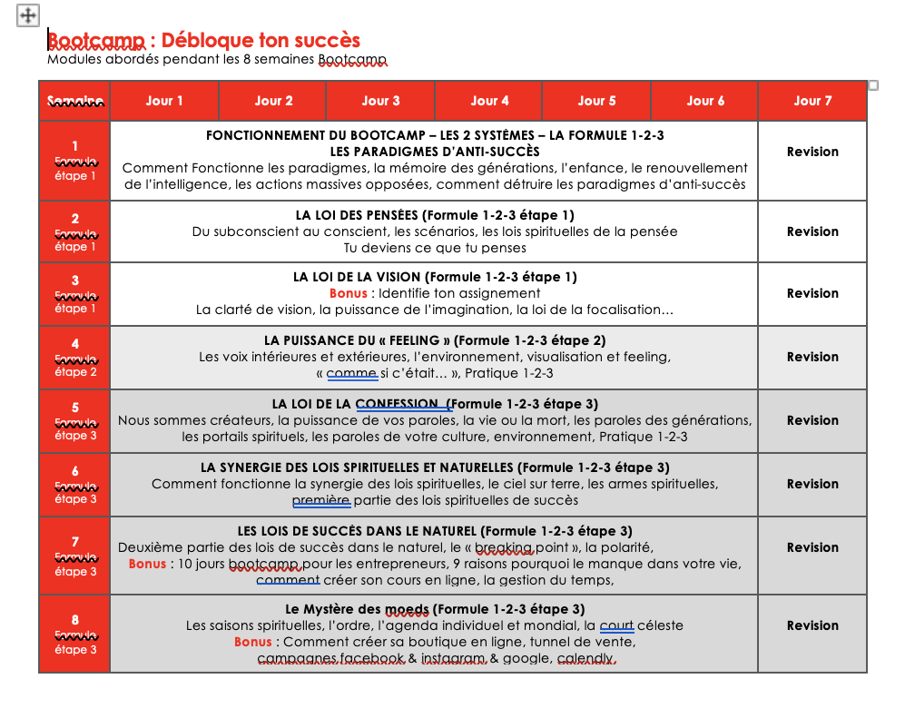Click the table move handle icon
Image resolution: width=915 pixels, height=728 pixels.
pos(28,15)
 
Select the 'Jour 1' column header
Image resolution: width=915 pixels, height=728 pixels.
pos(164,101)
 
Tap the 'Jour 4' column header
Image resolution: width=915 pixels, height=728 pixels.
pos(489,101)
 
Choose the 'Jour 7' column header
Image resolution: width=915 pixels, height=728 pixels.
pos(812,101)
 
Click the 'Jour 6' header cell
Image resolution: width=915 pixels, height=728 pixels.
pos(705,101)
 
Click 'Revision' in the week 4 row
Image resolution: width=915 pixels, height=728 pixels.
pos(812,357)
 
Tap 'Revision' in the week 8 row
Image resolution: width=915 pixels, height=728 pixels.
pos(812,625)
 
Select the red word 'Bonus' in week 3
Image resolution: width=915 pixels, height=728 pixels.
pos(349,293)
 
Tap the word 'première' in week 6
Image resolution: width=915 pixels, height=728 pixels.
pos(320,500)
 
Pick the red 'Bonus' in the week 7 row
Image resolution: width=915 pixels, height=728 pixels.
pos(147,564)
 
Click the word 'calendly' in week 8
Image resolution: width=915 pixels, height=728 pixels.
pos(585,658)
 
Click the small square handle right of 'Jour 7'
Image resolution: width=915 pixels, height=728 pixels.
pos(873,85)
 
